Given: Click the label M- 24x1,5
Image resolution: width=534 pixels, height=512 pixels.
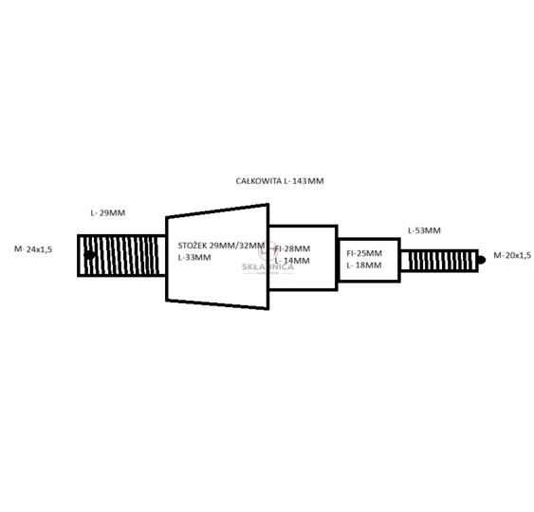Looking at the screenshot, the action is [33, 249].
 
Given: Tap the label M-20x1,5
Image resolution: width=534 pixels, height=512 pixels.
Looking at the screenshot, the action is [512, 255].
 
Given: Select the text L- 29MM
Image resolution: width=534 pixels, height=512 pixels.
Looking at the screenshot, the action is [107, 213].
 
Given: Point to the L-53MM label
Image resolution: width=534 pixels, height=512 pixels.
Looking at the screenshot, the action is [424, 230].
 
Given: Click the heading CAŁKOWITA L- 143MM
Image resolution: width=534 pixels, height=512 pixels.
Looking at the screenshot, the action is [280, 181].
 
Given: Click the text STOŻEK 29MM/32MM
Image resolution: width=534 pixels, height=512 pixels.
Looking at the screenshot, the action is [221, 246].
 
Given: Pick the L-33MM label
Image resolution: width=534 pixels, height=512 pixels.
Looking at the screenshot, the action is [194, 257].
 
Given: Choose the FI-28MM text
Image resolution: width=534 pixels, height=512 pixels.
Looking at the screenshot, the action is [292, 248].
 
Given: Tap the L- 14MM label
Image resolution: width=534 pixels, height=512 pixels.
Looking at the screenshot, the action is [292, 261].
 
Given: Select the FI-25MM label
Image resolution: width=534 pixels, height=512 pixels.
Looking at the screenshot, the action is [364, 253].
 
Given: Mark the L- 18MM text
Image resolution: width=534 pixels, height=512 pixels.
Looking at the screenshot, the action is [364, 265].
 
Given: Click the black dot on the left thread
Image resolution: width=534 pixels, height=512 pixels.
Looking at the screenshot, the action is [89, 255].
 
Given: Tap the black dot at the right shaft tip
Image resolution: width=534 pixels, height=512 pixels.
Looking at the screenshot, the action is [481, 260].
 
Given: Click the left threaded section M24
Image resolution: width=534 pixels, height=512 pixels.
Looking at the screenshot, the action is [121, 255].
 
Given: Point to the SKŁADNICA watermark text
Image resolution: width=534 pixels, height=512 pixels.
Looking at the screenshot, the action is [268, 266].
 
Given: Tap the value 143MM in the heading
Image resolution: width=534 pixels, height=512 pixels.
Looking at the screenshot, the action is [308, 181].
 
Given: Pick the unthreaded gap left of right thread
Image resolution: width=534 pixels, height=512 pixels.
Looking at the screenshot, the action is [405, 261].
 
